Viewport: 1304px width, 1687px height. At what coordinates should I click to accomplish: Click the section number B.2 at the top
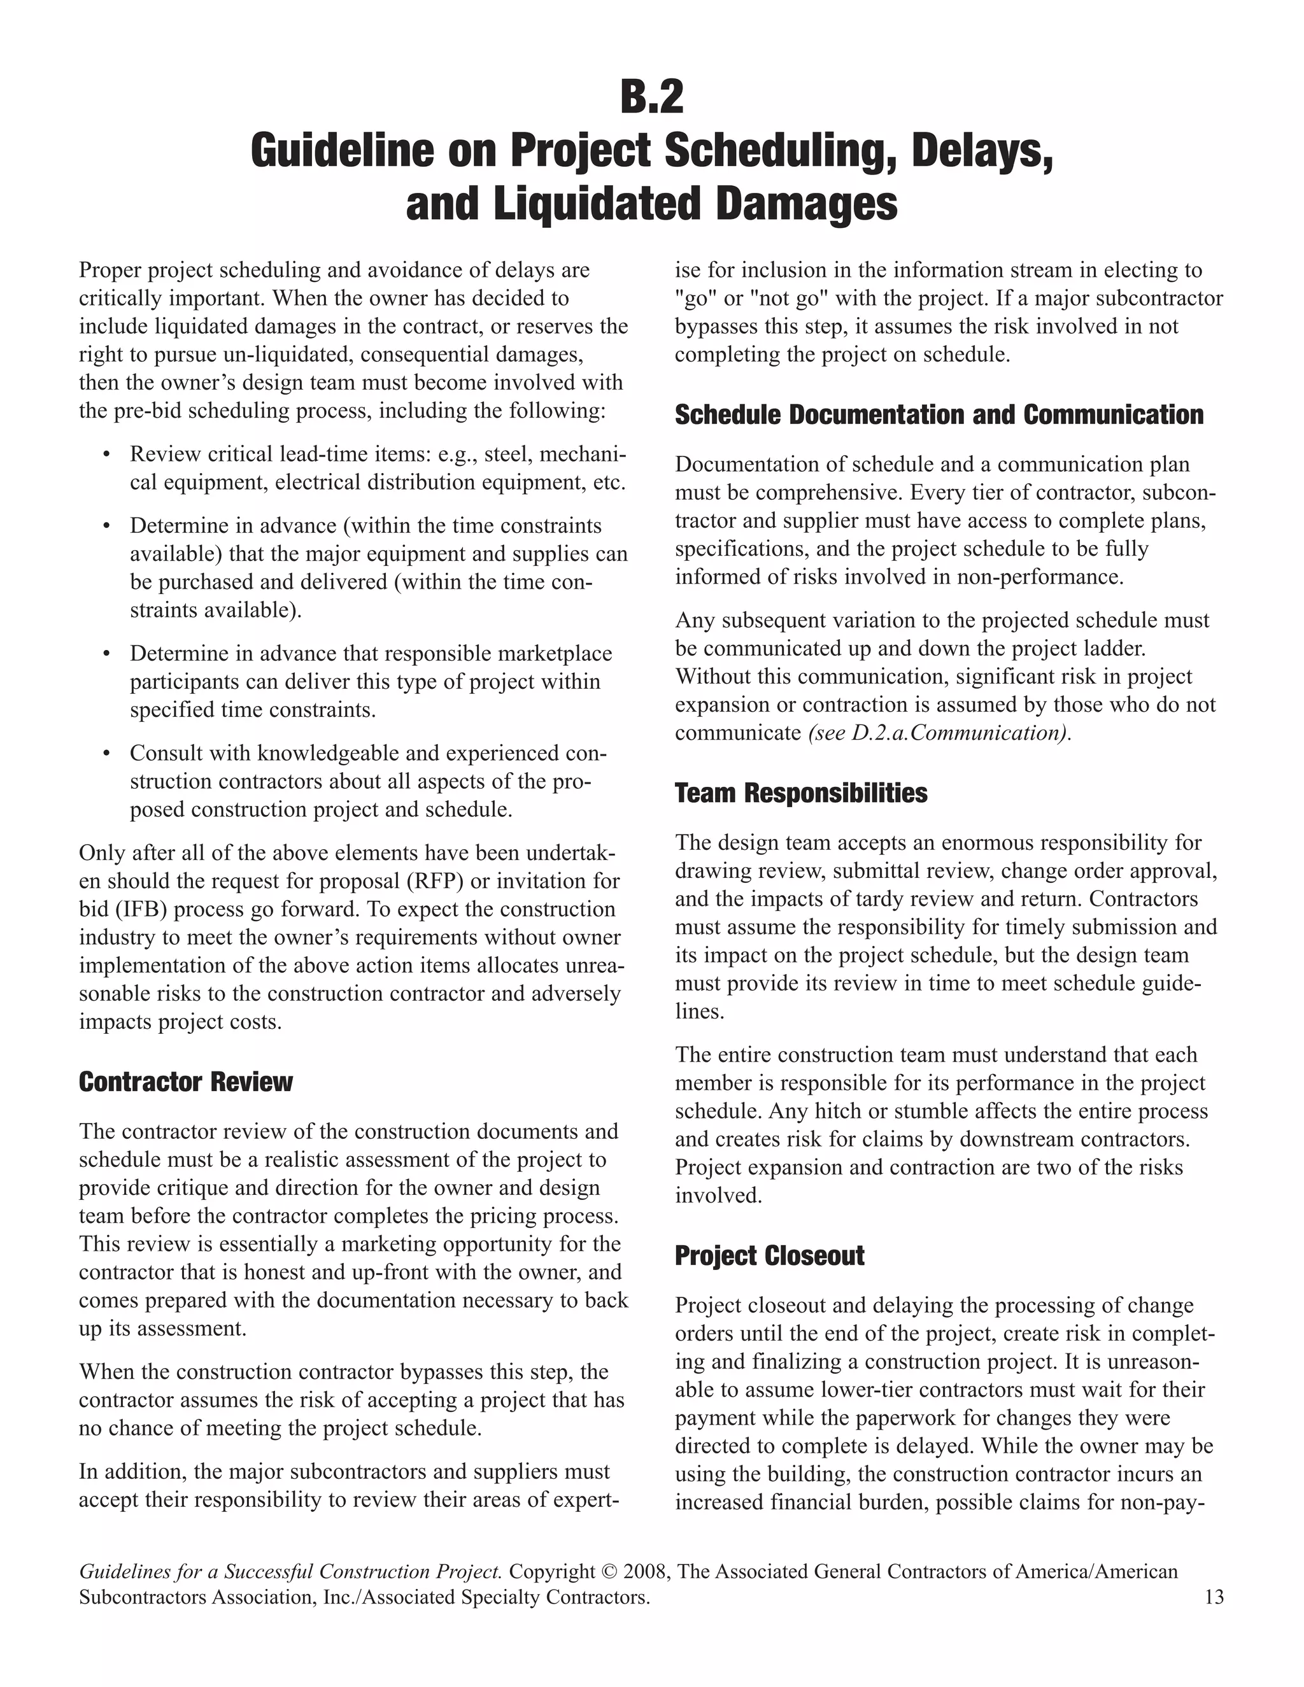pos(651,98)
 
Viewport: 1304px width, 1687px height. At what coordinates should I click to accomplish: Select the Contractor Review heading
pos(185,1082)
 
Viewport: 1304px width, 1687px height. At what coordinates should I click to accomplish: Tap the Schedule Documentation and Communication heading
pos(939,415)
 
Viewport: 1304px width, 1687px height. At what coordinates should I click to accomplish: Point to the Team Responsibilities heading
pos(800,793)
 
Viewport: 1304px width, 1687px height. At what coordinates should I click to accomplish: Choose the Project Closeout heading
pos(769,1255)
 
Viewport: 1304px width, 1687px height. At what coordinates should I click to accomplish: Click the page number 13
pos(1214,1597)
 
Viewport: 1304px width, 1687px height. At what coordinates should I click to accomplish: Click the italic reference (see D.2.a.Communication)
pos(939,732)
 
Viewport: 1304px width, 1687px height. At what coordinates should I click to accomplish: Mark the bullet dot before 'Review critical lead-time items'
pos(106,454)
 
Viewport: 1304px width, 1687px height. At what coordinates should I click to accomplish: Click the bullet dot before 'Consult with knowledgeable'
pos(106,753)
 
